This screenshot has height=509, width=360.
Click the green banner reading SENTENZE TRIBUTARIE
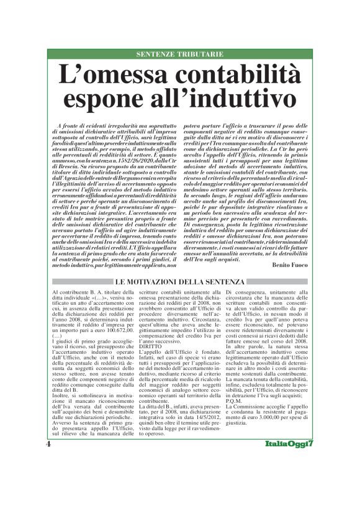[x=180, y=54]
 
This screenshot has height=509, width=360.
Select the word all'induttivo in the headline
[x=226, y=98]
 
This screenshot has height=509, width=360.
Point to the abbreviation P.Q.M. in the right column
[x=236, y=417]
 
